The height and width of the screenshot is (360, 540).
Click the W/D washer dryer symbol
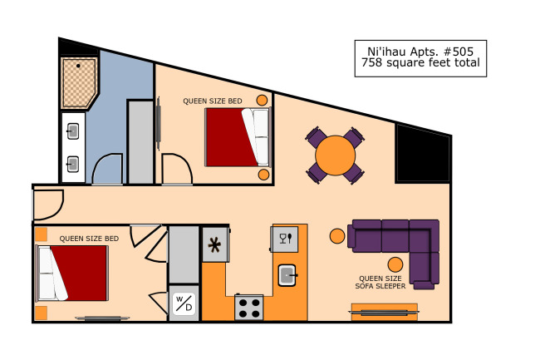[184, 303]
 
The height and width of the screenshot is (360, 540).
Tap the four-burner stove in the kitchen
[249, 308]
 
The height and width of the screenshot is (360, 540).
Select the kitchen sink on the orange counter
[287, 275]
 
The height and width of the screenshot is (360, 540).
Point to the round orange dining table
[335, 155]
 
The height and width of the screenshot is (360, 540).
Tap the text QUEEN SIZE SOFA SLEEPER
[380, 282]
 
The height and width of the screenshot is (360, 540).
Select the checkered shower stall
[79, 82]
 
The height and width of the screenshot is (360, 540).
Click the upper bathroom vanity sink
[72, 131]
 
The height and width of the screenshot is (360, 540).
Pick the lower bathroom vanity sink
[72, 164]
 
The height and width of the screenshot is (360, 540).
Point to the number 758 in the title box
[371, 62]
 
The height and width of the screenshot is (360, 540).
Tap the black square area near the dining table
[423, 153]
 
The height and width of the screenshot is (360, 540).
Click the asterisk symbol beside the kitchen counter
[214, 245]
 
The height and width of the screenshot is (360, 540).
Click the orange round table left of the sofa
[337, 236]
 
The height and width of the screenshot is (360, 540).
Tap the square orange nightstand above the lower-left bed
[42, 234]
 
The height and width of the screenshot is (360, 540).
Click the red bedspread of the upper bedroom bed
[230, 137]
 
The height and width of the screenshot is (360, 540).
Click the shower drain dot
[79, 66]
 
